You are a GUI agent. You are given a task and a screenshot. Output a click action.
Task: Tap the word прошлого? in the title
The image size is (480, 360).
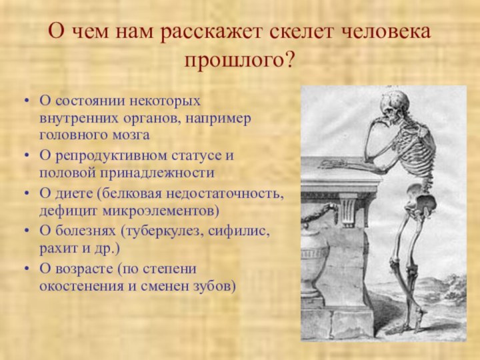click(240, 61)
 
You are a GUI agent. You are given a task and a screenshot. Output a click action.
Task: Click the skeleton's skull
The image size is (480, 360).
click(393, 105)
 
